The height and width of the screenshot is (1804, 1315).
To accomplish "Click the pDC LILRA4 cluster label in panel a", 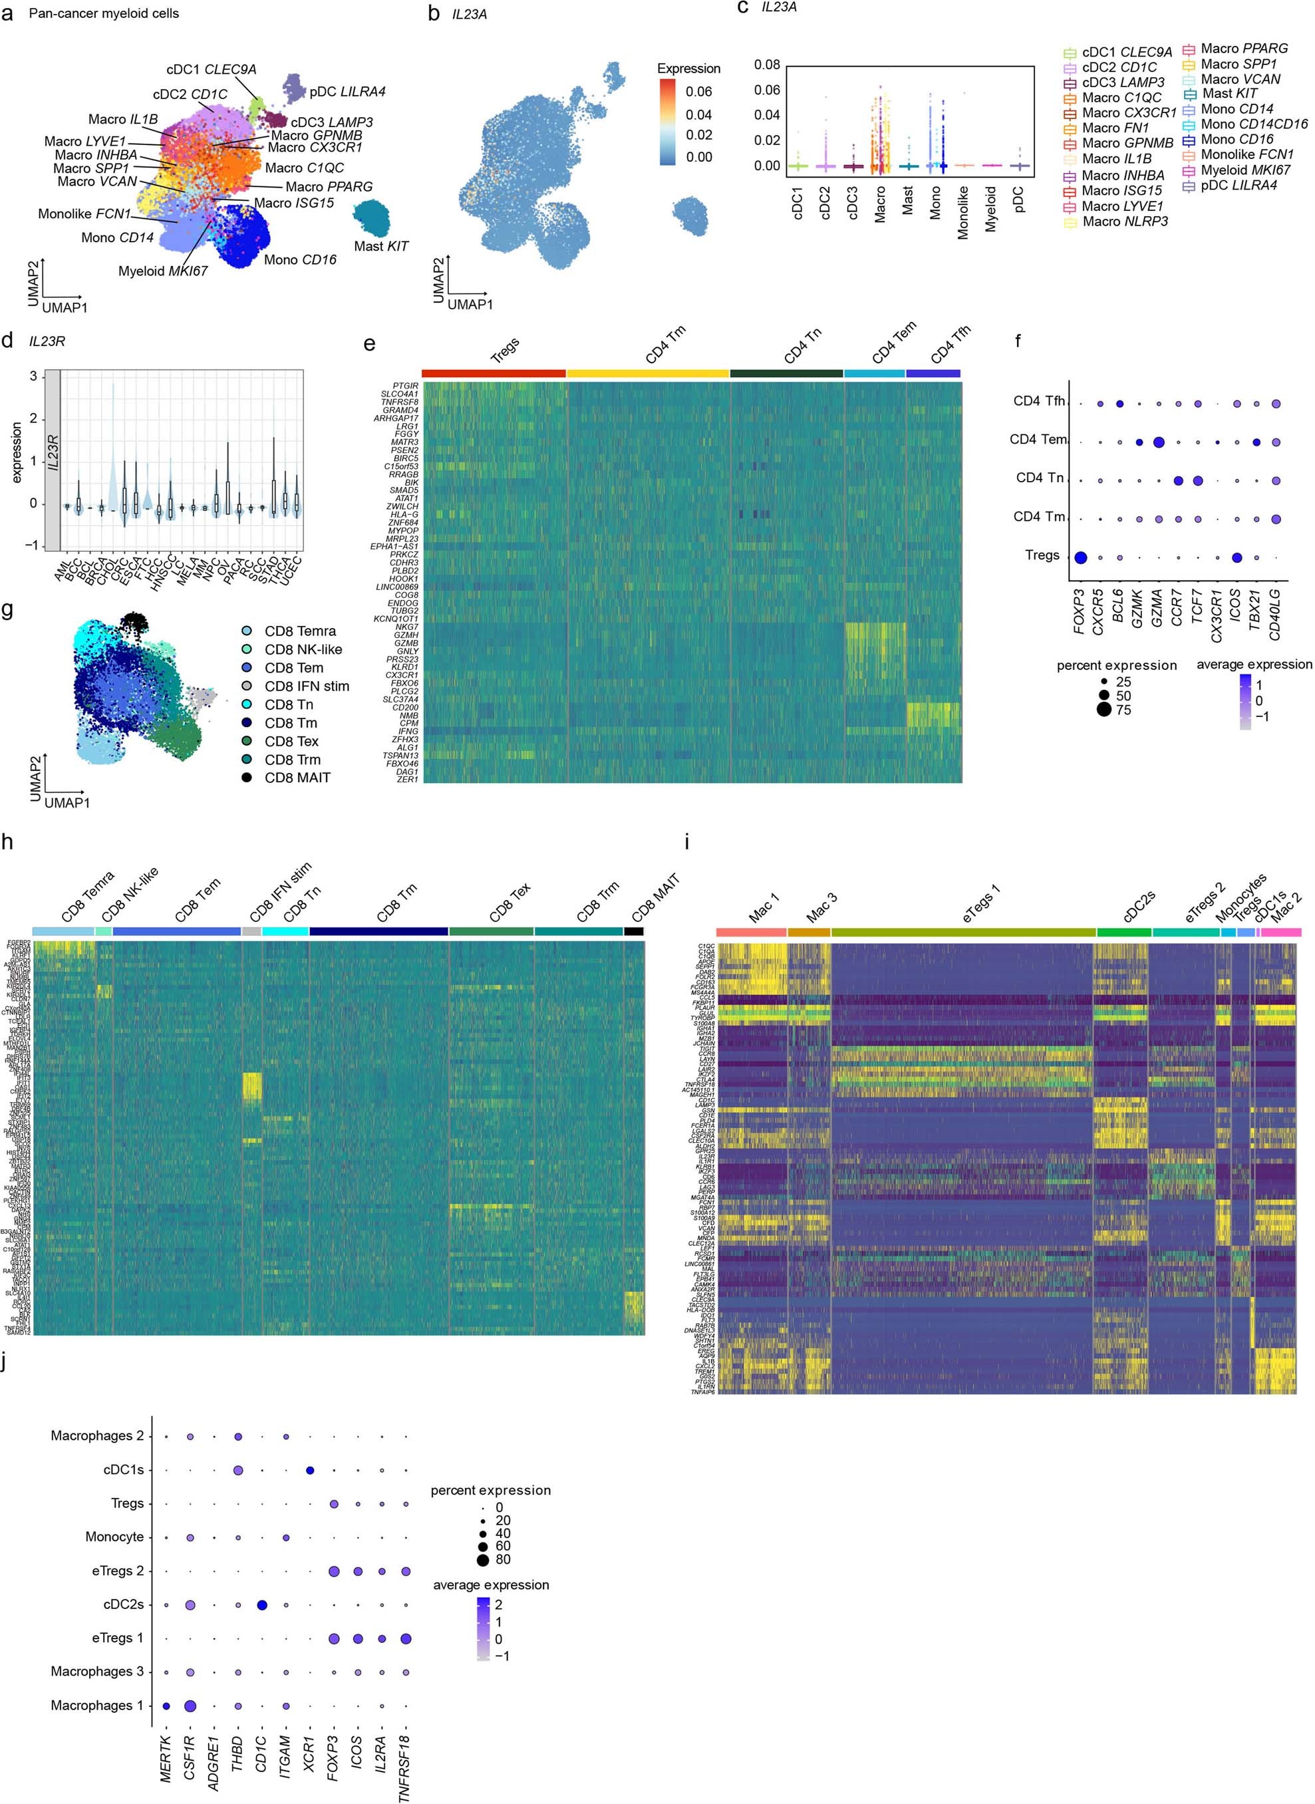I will point(347,92).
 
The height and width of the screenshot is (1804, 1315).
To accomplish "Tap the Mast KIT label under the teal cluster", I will point(380,246).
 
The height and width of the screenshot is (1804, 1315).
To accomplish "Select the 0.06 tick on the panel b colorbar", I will point(699,92).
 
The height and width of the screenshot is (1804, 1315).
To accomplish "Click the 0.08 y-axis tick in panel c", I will point(768,65).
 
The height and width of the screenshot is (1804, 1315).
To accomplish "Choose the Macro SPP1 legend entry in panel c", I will point(1239,64).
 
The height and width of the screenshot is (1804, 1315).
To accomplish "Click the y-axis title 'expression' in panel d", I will point(17,452).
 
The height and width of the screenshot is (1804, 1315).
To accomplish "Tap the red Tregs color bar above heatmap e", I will point(494,373).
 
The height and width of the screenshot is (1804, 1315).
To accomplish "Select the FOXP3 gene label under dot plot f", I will point(1080,611).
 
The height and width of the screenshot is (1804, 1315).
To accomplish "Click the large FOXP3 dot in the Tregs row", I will point(1080,557).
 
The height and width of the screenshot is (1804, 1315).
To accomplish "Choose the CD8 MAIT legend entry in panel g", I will point(297,777).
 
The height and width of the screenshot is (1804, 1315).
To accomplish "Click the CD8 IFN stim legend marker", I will point(247,685).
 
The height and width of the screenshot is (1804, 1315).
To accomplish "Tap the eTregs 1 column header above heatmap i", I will point(963,931).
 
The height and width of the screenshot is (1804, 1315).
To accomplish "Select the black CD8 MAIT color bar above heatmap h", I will point(634,931).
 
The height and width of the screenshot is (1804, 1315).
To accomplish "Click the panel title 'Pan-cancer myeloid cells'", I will point(104,13).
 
